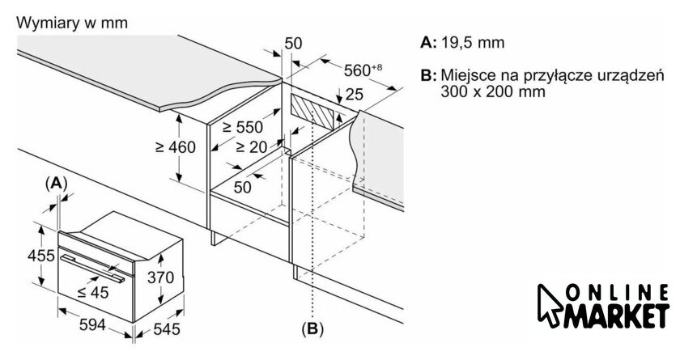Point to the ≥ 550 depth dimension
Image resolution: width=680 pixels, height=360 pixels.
tap(244, 127)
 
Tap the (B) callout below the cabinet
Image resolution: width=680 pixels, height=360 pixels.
tap(312, 328)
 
